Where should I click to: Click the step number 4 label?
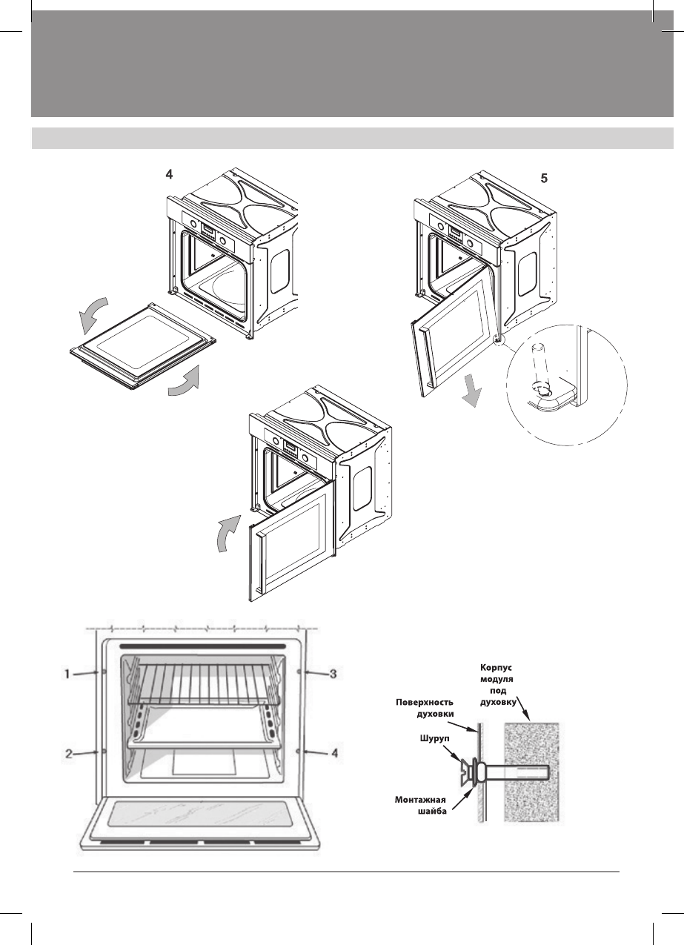pos(170,175)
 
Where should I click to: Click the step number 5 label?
pos(544,179)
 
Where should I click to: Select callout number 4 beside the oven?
pos(335,753)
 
